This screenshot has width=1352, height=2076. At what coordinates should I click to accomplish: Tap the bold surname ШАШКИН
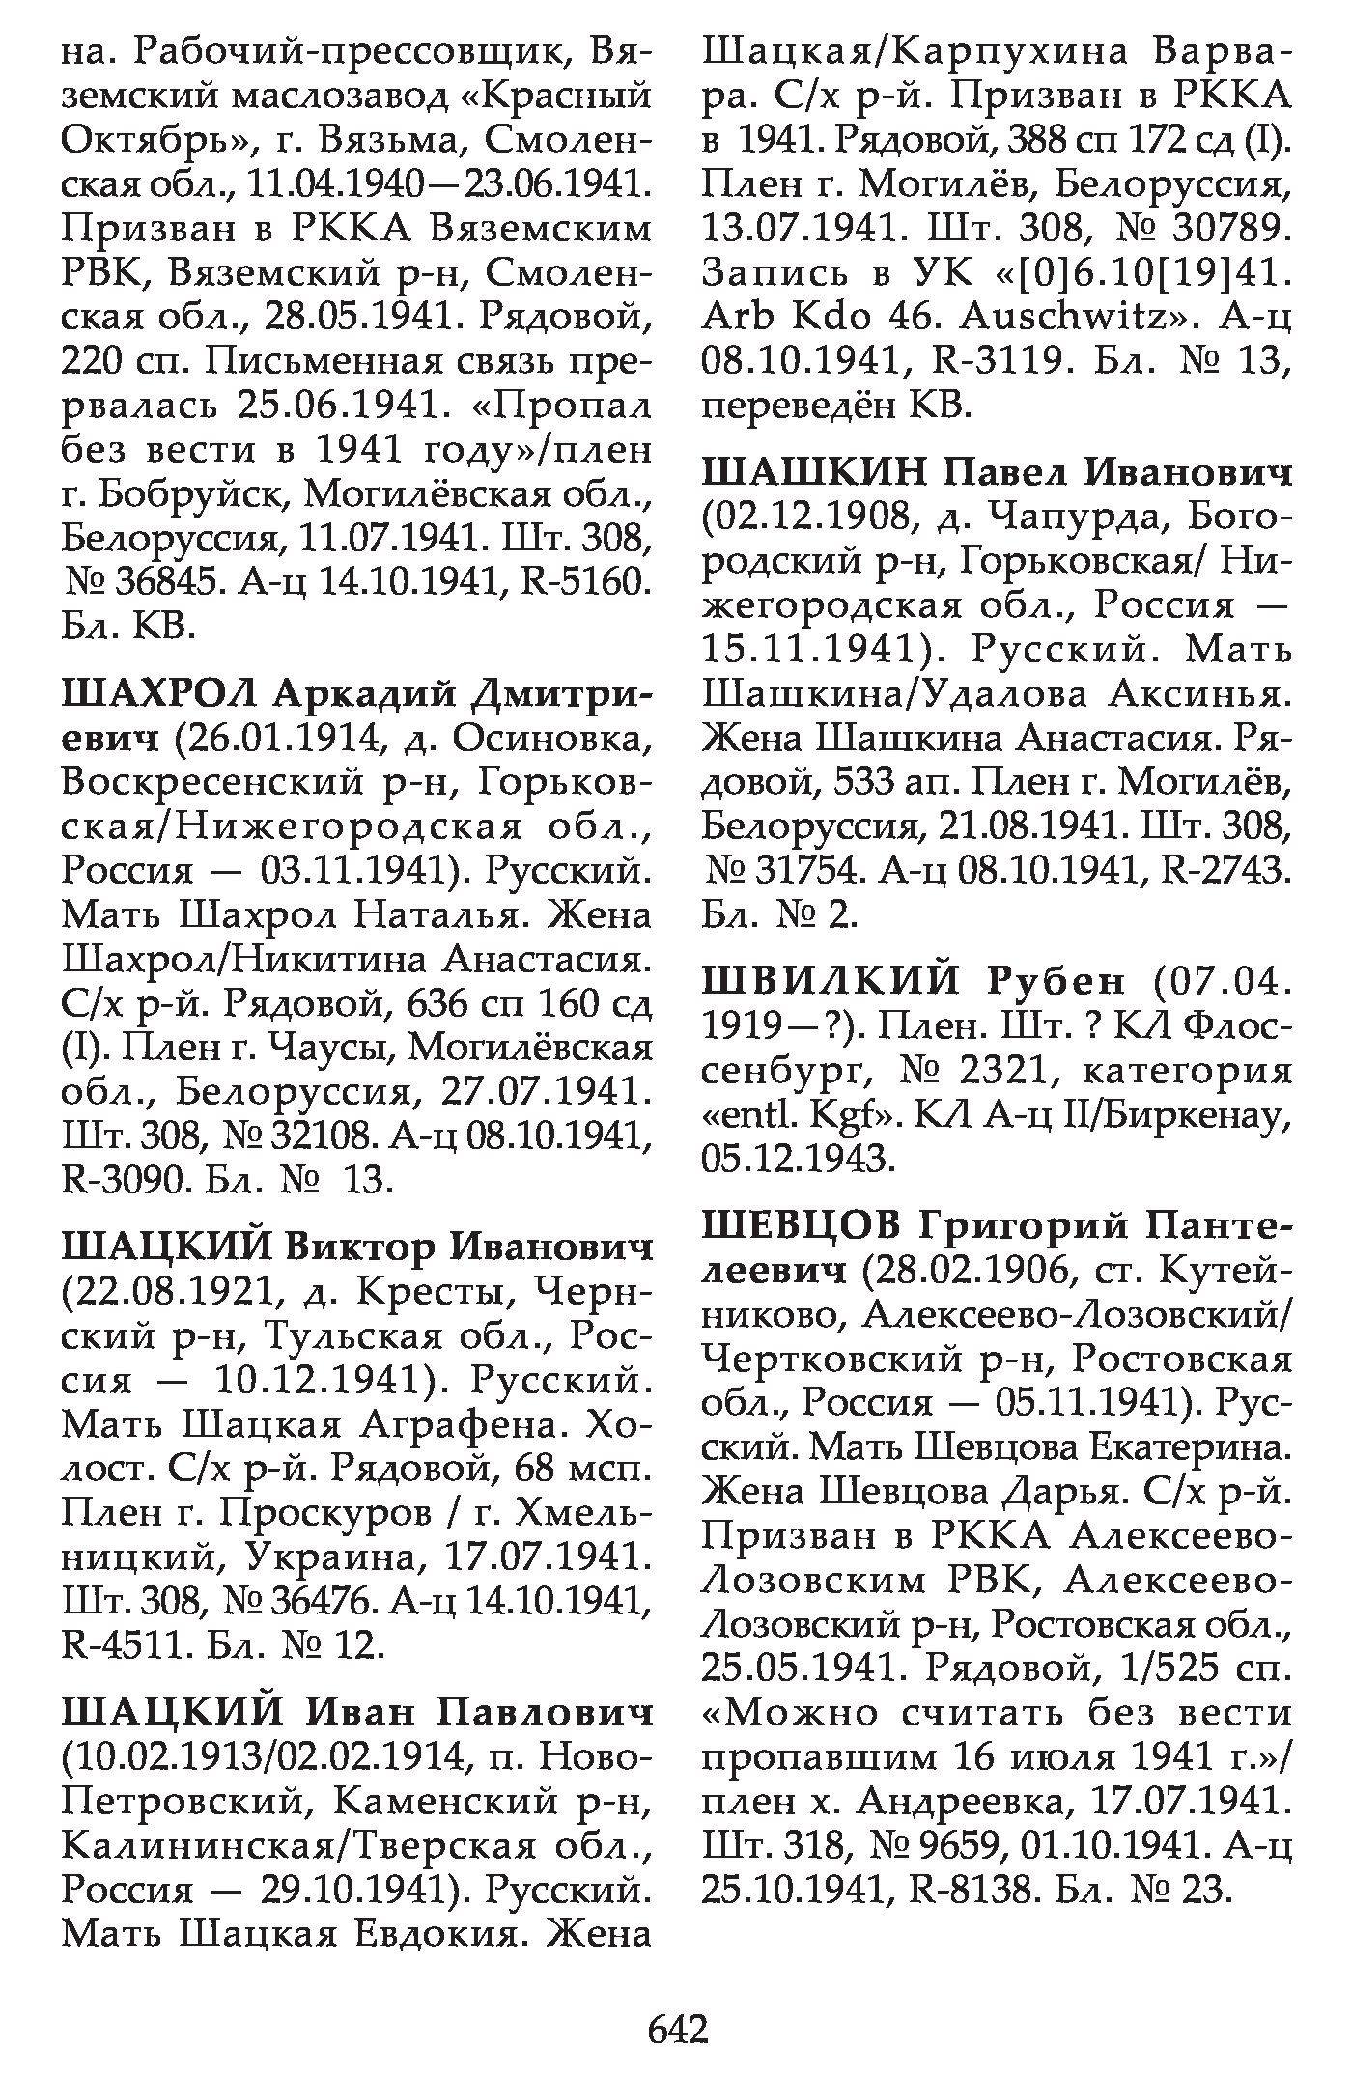814,474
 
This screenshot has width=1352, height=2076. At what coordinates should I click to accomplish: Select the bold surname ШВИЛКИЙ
831,981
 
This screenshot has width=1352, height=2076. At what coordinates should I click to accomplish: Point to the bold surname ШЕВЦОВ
801,1227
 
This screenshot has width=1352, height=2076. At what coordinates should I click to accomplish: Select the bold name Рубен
1056,981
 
